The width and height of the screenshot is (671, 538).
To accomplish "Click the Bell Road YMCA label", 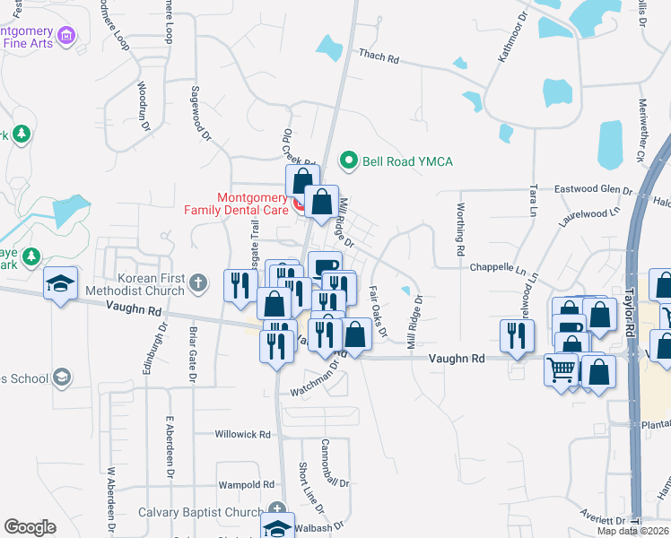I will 407,161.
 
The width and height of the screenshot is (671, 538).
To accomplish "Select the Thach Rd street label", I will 378,56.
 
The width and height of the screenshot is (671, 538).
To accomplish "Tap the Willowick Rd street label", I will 242,434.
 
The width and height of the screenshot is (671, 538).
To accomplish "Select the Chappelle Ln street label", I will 497,267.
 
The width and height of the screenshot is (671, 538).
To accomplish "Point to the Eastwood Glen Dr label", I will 593,190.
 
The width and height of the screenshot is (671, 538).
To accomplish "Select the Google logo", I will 30,527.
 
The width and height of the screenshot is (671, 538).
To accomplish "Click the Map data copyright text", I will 632,531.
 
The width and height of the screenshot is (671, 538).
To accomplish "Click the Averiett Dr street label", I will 602,520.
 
